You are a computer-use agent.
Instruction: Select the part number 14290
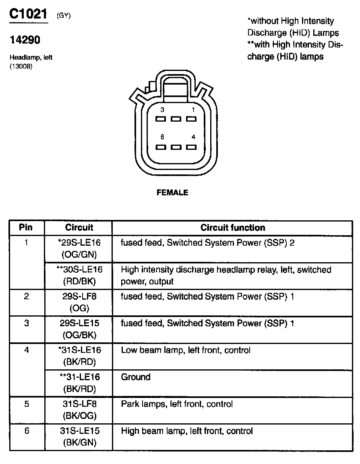(25, 40)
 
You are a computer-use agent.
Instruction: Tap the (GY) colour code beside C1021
(64, 16)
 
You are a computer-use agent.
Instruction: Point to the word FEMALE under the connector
(172, 193)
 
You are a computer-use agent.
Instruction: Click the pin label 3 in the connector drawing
(162, 110)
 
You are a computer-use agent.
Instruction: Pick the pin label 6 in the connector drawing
(162, 137)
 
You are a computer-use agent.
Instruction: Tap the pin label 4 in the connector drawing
(193, 137)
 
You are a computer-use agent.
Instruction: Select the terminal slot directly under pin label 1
(191, 119)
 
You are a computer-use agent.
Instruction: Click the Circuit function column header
(233, 228)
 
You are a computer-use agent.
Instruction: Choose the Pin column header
(26, 228)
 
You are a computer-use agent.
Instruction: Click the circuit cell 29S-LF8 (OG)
(79, 302)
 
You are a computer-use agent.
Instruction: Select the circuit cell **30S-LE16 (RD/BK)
(79, 275)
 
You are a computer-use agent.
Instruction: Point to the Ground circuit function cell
(136, 377)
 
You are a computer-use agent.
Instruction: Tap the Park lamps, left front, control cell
(177, 404)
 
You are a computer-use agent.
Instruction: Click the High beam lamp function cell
(187, 431)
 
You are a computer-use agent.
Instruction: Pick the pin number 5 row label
(27, 404)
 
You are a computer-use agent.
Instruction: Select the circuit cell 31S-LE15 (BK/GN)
(79, 437)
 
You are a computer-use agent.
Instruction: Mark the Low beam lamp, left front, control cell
(186, 350)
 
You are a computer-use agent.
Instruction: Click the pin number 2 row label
(27, 297)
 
